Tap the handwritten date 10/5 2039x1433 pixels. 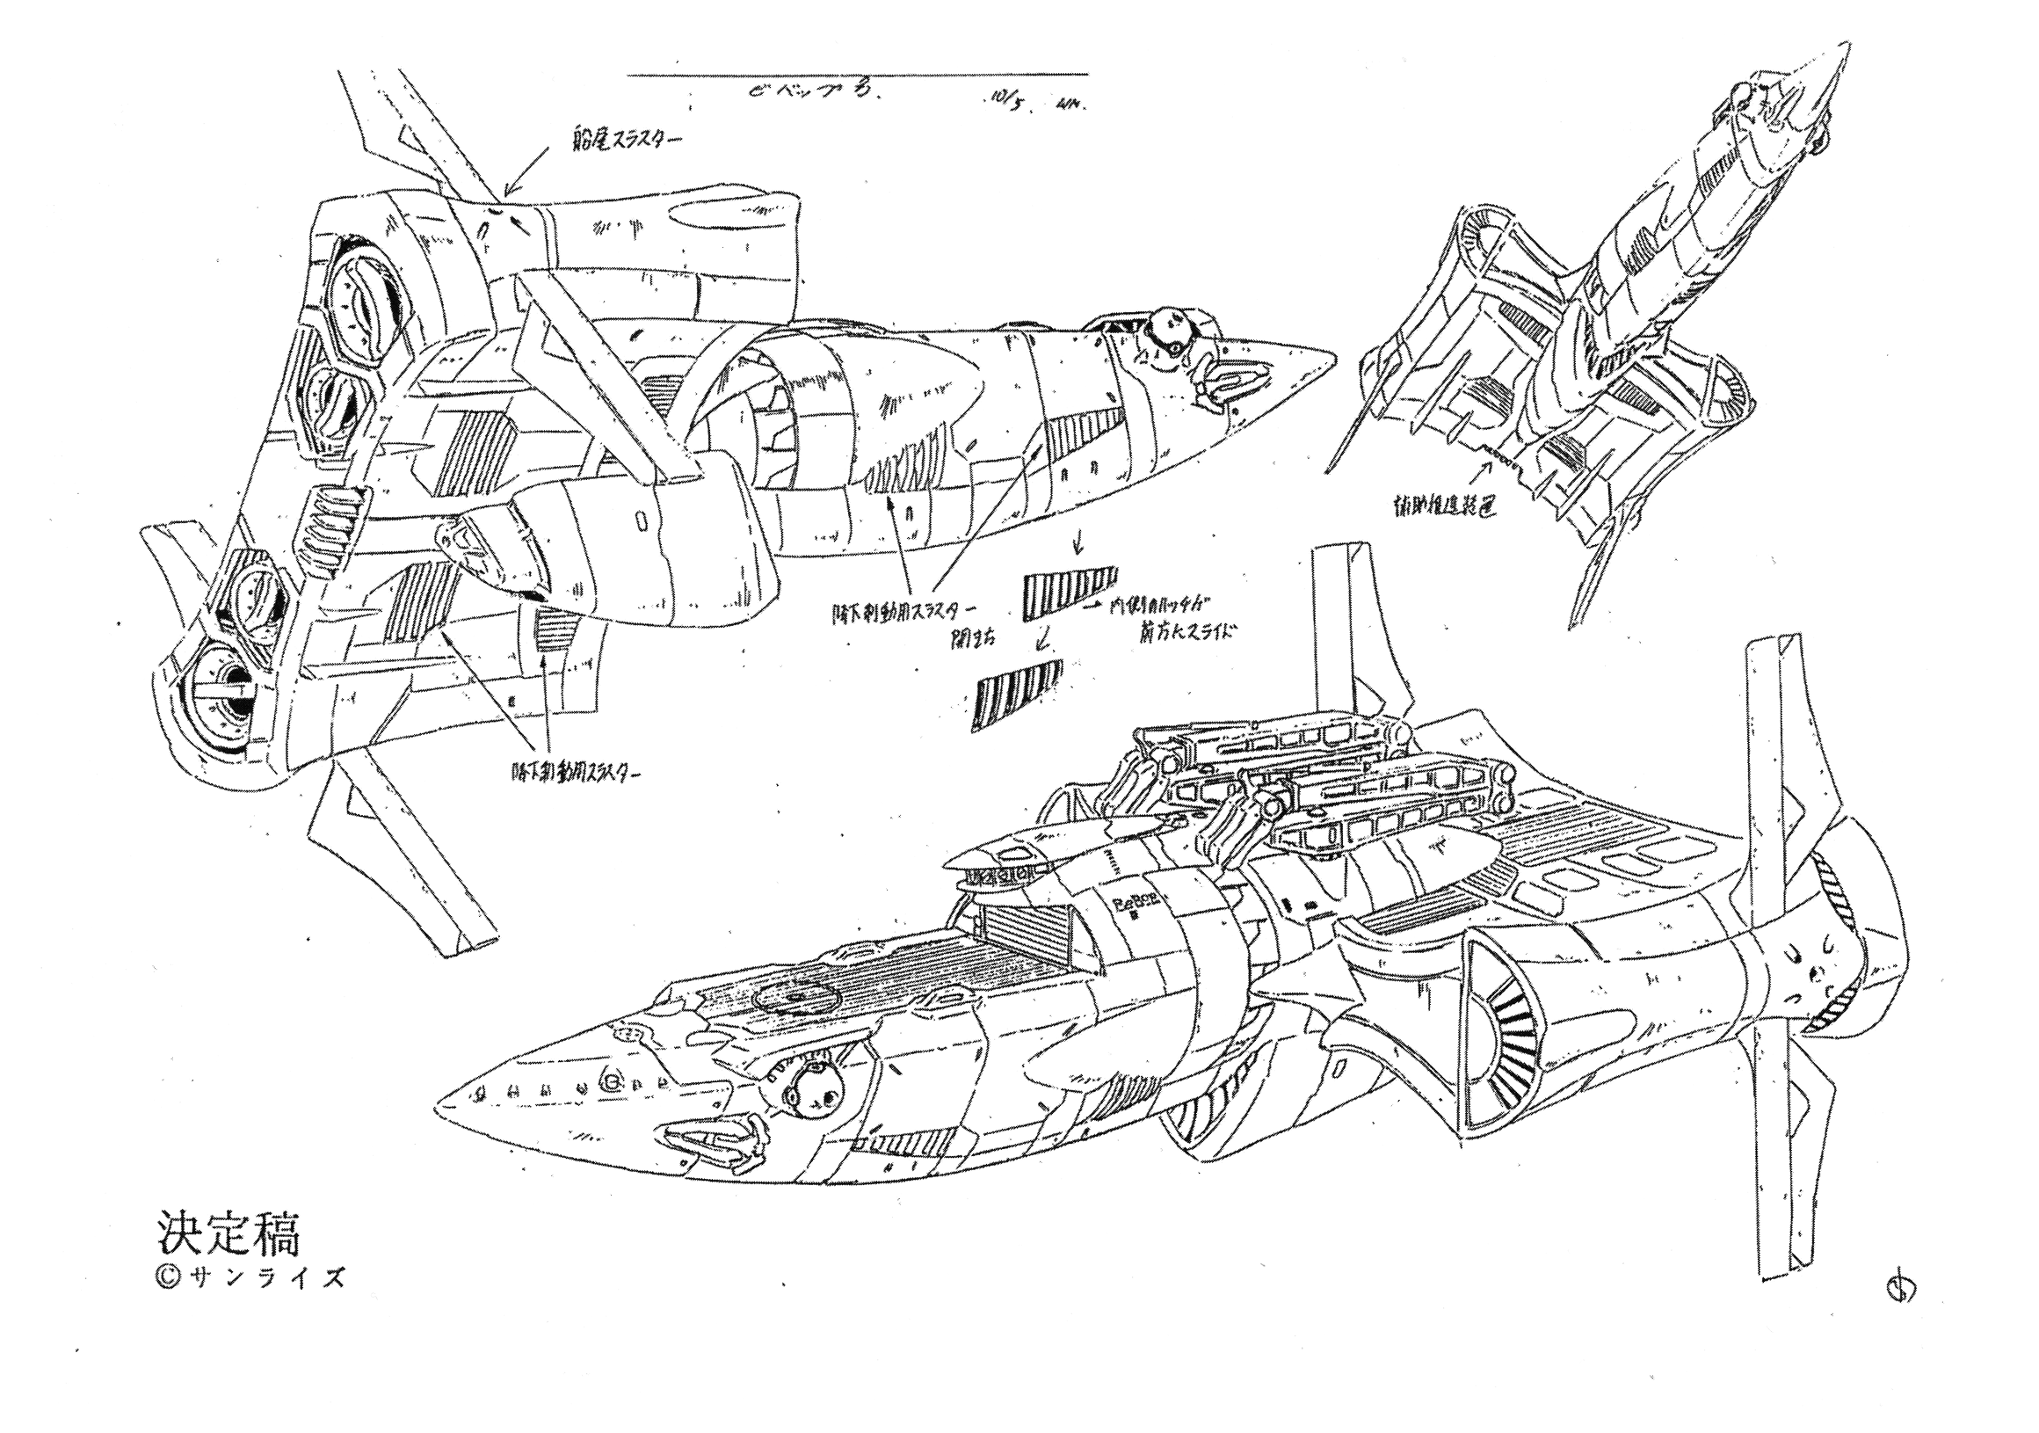click(1005, 101)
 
